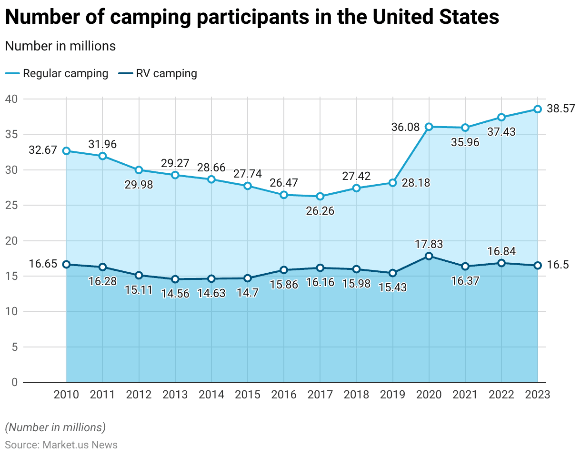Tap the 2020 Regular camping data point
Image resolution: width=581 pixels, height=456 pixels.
pyautogui.click(x=429, y=127)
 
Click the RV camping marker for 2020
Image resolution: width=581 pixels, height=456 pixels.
pyautogui.click(x=429, y=256)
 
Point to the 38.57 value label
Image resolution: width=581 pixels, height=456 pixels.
pyautogui.click(x=561, y=109)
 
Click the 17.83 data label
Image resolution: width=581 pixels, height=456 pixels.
pyautogui.click(x=429, y=244)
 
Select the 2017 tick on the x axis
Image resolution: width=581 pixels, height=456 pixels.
pyautogui.click(x=320, y=395)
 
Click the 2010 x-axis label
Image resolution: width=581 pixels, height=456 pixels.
pyautogui.click(x=66, y=395)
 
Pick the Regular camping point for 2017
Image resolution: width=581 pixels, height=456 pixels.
pyautogui.click(x=320, y=196)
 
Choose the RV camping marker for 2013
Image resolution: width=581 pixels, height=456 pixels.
pyautogui.click(x=175, y=279)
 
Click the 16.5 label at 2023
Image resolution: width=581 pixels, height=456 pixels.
pyautogui.click(x=557, y=265)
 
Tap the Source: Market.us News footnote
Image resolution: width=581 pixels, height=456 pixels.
pyautogui.click(x=61, y=445)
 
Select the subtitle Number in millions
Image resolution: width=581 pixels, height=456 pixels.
pyautogui.click(x=60, y=46)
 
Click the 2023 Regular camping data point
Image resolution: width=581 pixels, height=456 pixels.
pyautogui.click(x=538, y=109)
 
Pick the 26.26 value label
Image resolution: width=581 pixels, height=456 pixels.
pyautogui.click(x=320, y=210)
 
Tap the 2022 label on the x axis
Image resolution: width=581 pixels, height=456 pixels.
pyautogui.click(x=501, y=395)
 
